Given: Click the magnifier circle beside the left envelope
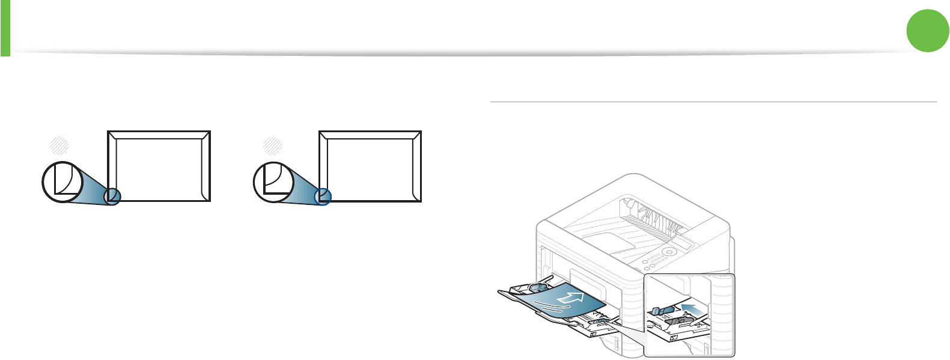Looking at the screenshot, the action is [x=62, y=182].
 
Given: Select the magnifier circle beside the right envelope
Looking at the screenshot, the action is [x=273, y=182].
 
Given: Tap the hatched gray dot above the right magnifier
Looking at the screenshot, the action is [x=272, y=145].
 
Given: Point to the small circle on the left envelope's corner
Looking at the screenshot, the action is [x=112, y=196].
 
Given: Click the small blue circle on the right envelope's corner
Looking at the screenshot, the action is [x=323, y=196].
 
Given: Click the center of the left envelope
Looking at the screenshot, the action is [x=159, y=166].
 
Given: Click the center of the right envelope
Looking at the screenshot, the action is [x=370, y=166].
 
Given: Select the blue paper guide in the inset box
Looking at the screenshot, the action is [x=659, y=311].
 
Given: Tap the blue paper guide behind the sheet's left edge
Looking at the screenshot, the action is [x=537, y=291].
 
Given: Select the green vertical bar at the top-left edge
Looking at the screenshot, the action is [x=5, y=28].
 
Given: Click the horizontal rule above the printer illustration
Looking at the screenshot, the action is [x=713, y=102].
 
